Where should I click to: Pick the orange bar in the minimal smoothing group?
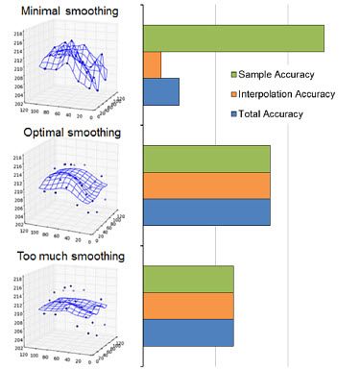(152, 65)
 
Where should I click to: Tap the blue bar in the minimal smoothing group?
(160, 91)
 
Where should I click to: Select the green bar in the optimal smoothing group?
(206, 159)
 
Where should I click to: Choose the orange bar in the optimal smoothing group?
(206, 185)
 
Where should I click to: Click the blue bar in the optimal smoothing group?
(206, 211)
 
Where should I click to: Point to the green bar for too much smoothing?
(188, 279)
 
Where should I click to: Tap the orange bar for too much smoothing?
(188, 306)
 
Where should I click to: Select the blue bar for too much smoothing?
(188, 333)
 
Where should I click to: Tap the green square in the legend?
(234, 75)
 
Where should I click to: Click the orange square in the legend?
(234, 94)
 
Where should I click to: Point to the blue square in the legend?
(234, 113)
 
